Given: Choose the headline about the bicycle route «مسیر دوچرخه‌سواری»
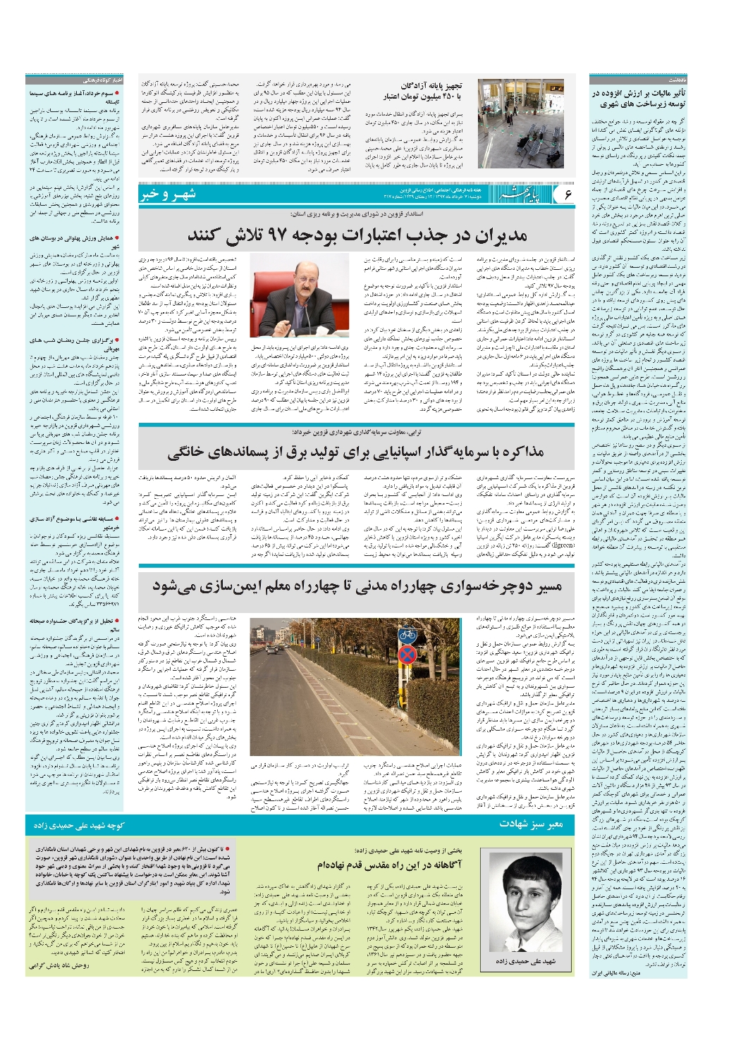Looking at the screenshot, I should pyautogui.click(x=357, y=586).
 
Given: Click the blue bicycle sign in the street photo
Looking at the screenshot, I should pyautogui.click(x=407, y=636).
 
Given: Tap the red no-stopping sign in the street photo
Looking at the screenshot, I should pyautogui.click(x=407, y=657).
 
